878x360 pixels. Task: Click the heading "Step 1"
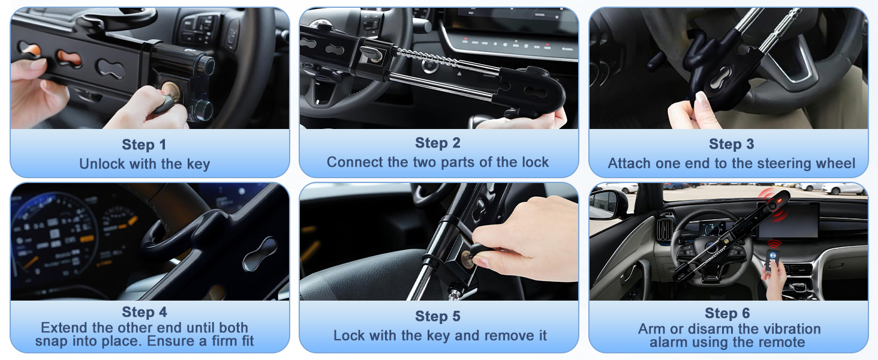144,145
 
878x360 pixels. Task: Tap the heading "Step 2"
438,143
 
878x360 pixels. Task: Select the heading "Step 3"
732,144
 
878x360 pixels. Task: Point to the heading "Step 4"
145,312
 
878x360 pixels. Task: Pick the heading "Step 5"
438,316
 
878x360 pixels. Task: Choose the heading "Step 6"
727,313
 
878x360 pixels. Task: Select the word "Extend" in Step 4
65,328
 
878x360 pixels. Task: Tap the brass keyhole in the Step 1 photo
171,90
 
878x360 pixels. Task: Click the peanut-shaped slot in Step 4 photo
259,254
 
